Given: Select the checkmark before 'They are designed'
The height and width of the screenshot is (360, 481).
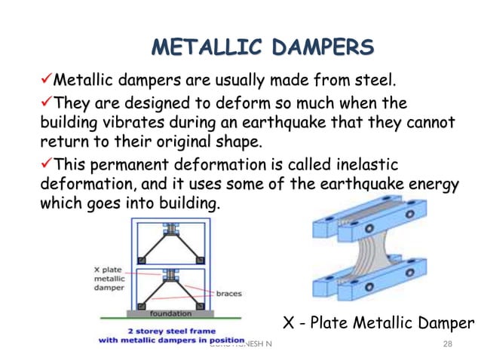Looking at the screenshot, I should [x=45, y=102].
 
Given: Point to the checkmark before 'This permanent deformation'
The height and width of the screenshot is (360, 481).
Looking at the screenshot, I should [x=45, y=164].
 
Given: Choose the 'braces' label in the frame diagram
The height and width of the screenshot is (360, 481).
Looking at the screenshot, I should [x=229, y=294].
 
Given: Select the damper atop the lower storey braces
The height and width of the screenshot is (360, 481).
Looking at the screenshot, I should [x=171, y=273].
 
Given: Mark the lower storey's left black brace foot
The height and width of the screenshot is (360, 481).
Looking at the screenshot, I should [x=141, y=303].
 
